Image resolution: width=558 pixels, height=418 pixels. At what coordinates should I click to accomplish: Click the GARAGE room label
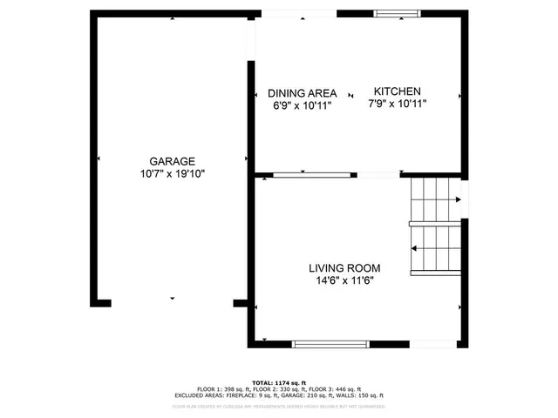(x=172, y=161)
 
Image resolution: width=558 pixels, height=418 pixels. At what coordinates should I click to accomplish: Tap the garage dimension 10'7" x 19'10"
(x=172, y=173)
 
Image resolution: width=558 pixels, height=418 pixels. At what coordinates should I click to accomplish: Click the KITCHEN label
(x=398, y=91)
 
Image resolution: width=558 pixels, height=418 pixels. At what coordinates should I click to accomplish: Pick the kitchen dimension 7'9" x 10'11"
(x=398, y=104)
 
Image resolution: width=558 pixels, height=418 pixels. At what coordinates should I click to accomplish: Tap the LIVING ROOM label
(x=344, y=268)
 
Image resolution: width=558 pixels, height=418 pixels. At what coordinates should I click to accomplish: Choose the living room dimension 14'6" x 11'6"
(x=344, y=280)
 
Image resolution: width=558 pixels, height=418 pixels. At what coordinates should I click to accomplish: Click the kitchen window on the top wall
(x=398, y=14)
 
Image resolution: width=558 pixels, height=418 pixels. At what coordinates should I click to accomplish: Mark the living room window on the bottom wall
(x=330, y=344)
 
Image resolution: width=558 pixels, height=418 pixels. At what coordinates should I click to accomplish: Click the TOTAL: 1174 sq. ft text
(x=279, y=382)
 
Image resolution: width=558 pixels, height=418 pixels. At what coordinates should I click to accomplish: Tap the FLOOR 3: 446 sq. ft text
(x=332, y=389)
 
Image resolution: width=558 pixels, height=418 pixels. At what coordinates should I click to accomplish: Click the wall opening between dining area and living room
(x=378, y=175)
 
